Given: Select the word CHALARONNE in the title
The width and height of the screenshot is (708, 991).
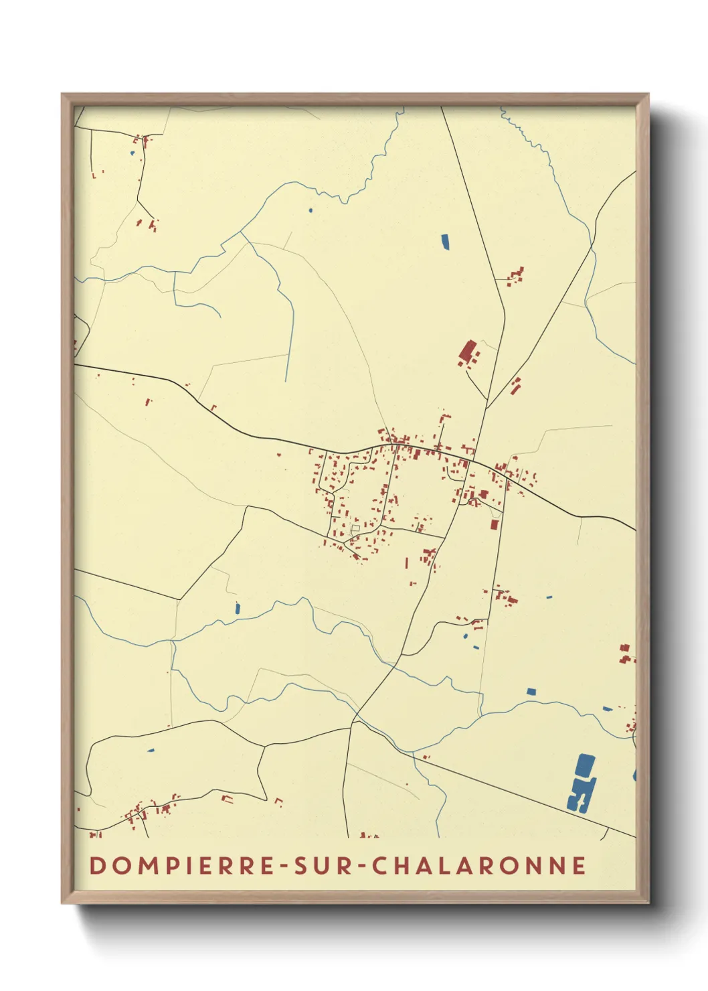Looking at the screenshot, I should click(478, 865).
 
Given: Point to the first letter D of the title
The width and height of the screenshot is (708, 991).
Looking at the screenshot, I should click(97, 865).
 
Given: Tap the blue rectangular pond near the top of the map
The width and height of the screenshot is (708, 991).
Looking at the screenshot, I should click(445, 240).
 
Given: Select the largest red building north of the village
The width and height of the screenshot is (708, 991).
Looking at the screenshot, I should click(467, 351).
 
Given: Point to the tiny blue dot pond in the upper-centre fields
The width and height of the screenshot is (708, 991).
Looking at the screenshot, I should click(310, 210).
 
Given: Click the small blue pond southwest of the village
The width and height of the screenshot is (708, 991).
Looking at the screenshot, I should click(237, 608).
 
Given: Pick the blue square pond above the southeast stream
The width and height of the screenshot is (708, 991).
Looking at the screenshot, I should click(531, 691).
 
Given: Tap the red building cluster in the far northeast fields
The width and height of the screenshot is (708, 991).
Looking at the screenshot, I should click(516, 275).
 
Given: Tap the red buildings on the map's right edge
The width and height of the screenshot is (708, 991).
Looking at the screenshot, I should click(626, 654).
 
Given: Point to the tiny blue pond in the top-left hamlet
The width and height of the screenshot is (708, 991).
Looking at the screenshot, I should click(132, 153).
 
